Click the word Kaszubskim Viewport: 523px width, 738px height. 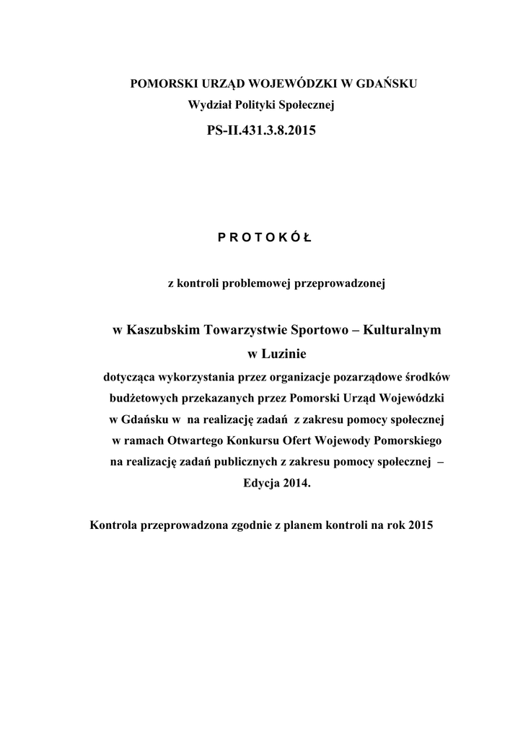[x=164, y=330]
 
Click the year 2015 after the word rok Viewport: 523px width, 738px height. [x=419, y=525]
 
